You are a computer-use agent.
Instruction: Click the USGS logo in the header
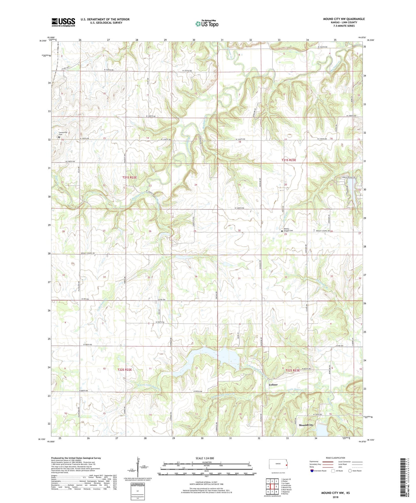point(63,22)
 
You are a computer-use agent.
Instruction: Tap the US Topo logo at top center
point(207,24)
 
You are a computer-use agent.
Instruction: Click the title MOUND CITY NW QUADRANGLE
point(343,19)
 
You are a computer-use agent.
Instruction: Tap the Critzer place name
point(273,385)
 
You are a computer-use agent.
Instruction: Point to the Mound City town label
point(306,425)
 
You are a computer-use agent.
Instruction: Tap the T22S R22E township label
point(125,369)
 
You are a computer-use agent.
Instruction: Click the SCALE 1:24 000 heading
point(205,458)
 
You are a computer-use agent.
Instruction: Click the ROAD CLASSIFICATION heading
point(335,458)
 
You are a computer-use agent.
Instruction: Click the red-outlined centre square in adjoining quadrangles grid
point(272,487)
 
